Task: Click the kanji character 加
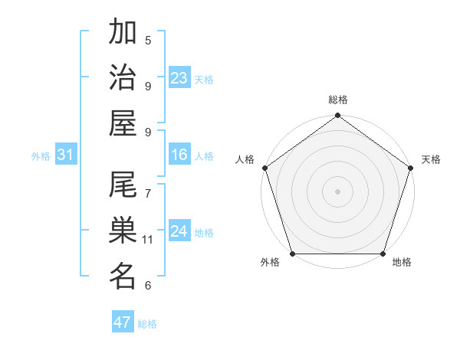click(x=123, y=33)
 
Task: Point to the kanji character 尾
click(x=123, y=186)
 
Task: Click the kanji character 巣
click(x=123, y=231)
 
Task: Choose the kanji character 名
click(x=123, y=276)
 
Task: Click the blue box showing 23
click(x=179, y=78)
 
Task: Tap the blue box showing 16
click(x=179, y=155)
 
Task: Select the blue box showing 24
click(x=179, y=231)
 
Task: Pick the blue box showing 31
click(x=66, y=155)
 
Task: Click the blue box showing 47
click(x=123, y=322)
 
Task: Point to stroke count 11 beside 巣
click(x=149, y=240)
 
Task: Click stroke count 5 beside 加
click(x=148, y=41)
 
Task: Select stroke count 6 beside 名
click(x=148, y=286)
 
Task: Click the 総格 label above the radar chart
click(x=338, y=100)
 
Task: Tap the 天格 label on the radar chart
click(x=431, y=159)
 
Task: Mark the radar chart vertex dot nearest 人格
click(x=265, y=168)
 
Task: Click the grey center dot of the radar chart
click(x=338, y=191)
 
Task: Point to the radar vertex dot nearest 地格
click(x=383, y=254)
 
